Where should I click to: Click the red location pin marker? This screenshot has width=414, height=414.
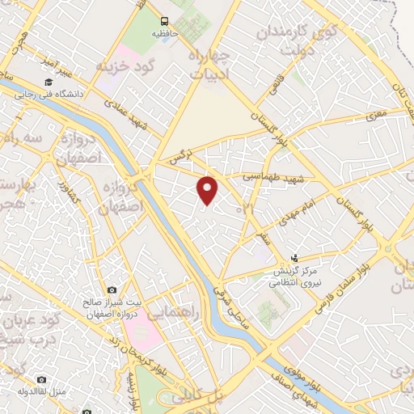pyautogui.click(x=209, y=190)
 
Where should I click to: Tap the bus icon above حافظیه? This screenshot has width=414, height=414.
pyautogui.click(x=165, y=21)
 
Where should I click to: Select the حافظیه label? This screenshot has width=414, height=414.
pyautogui.click(x=165, y=36)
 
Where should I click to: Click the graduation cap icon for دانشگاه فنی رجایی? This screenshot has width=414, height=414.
pyautogui.click(x=49, y=82)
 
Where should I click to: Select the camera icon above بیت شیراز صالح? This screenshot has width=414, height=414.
pyautogui.click(x=112, y=289)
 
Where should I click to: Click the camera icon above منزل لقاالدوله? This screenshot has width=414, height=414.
pyautogui.click(x=41, y=378)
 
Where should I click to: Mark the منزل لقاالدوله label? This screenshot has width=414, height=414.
pyautogui.click(x=41, y=391)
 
